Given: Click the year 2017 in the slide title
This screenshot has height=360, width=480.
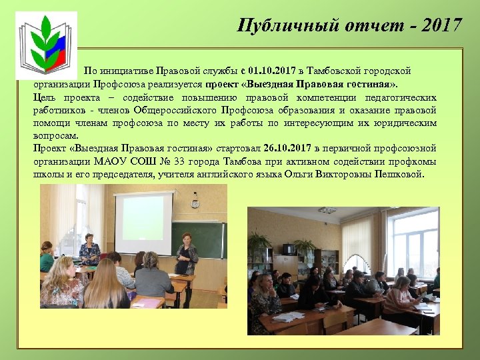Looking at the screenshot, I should point(441,25).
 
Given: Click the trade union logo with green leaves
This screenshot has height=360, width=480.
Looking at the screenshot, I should point(46,44).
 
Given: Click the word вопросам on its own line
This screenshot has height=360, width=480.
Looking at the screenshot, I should point(52,135).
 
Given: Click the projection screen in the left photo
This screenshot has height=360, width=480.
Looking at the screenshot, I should point(143,224).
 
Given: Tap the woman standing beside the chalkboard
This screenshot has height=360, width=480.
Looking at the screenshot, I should point(186,263).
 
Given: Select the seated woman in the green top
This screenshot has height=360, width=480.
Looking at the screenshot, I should point(47,257).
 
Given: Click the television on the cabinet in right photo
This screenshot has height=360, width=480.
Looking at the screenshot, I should point(289,249).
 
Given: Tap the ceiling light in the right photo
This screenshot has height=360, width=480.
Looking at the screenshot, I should point(327,211).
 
